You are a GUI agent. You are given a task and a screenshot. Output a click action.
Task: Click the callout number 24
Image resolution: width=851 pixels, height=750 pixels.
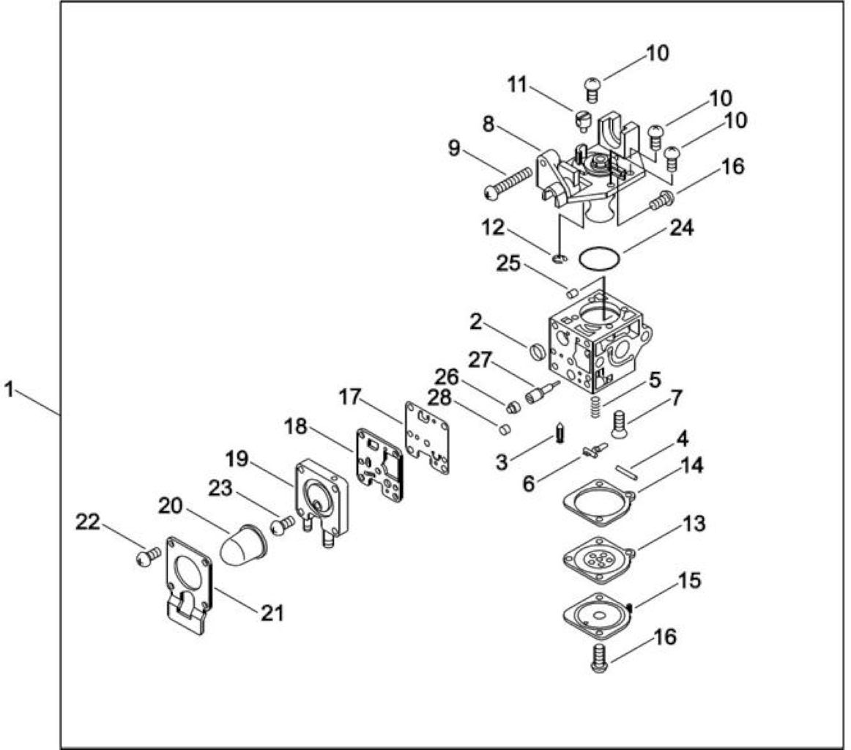pos(681,227)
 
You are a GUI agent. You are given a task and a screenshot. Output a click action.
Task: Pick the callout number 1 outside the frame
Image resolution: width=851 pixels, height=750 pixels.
pos(9,389)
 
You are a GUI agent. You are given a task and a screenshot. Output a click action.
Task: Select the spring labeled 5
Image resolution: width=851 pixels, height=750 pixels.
pos(595,406)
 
